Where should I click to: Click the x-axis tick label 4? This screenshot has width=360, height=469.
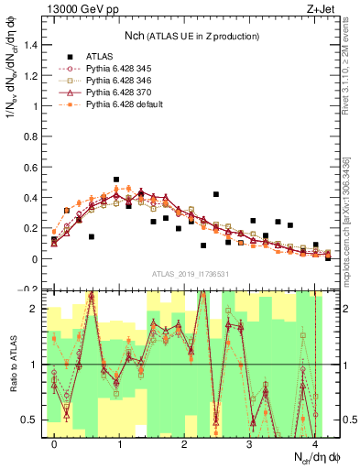pyautogui.click(x=314, y=443)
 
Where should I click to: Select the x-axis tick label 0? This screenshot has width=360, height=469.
pyautogui.click(x=54, y=443)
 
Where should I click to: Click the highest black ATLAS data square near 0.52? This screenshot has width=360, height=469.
pyautogui.click(x=116, y=180)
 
